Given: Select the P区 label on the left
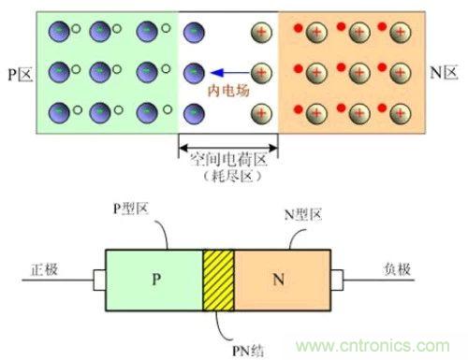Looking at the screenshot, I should [x=18, y=71].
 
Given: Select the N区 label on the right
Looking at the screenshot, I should [x=447, y=71].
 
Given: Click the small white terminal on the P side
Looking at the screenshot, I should [x=98, y=279].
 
